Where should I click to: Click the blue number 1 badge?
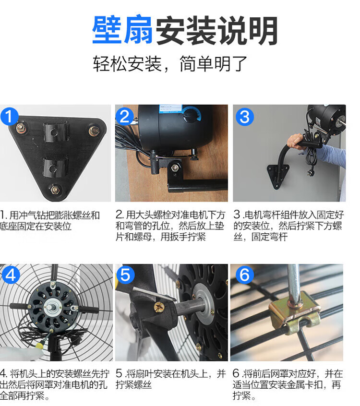[x=9, y=116]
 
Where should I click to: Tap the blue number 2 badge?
[x=125, y=116]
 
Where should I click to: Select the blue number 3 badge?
[x=244, y=117]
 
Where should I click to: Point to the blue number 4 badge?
[x=11, y=275]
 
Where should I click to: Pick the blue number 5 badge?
[x=126, y=275]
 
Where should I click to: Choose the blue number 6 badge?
[x=244, y=275]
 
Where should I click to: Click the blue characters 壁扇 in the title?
[x=122, y=30]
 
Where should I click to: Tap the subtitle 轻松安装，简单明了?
[x=170, y=63]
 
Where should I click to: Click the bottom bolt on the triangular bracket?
[x=55, y=190]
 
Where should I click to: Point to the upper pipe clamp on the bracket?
[x=56, y=132]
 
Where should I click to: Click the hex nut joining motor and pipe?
[x=175, y=167]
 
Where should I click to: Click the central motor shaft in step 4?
[x=50, y=307]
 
